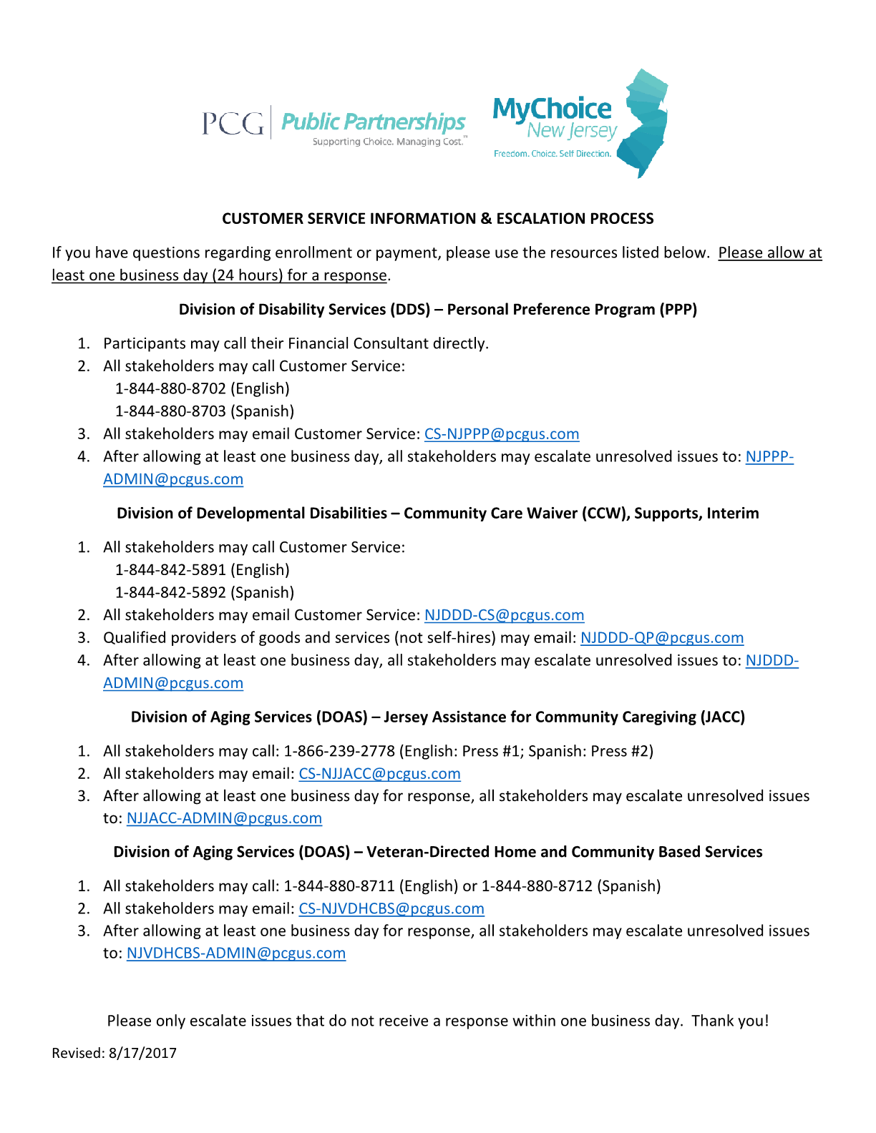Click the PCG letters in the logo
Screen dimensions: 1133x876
click(233, 123)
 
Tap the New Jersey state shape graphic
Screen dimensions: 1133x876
click(644, 122)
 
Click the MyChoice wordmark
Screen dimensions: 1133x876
click(552, 109)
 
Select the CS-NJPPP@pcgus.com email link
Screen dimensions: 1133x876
click(502, 434)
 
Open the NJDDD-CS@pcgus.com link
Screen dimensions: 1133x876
click(504, 615)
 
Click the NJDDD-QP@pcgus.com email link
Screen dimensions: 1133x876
click(662, 637)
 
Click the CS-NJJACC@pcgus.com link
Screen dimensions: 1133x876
click(379, 774)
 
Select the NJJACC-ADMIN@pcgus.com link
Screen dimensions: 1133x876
click(224, 818)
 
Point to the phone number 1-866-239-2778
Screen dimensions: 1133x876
click(339, 751)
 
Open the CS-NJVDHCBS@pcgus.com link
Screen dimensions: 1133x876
click(391, 908)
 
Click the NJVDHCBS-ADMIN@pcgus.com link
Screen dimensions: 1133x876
click(236, 953)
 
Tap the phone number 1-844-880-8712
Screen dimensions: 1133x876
click(537, 886)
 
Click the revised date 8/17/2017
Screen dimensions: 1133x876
click(142, 1053)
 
